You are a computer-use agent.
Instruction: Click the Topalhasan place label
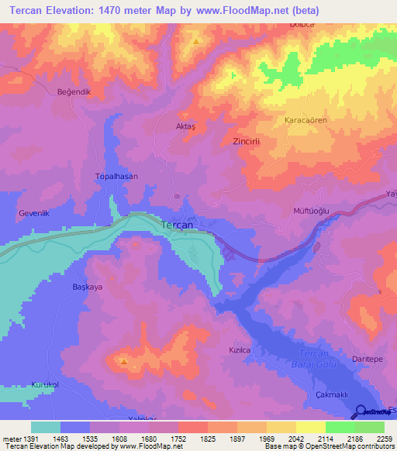tap(116, 176)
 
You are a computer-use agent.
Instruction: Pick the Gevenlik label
tap(34, 212)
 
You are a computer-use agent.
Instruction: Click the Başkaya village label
tap(88, 286)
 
